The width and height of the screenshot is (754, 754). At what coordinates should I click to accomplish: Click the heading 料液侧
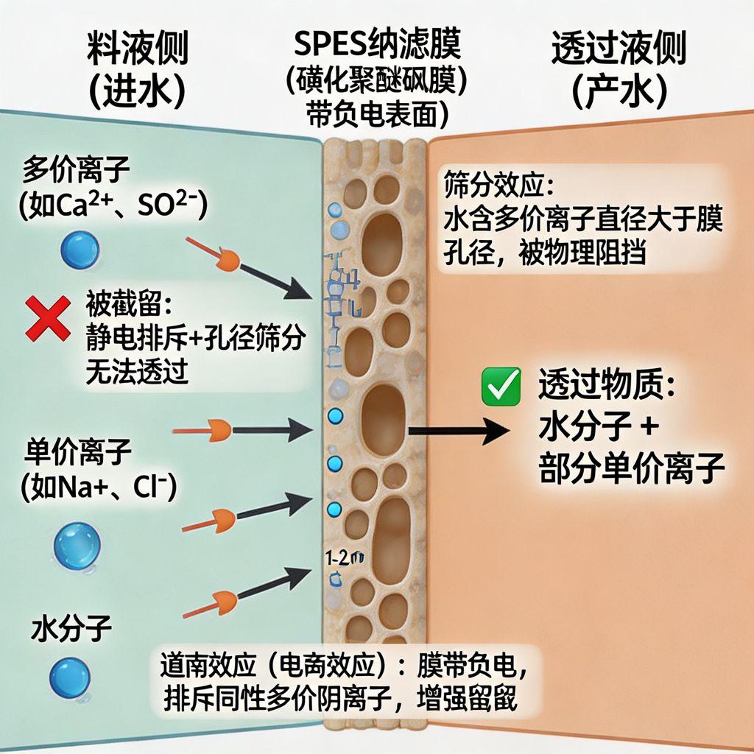pyautogui.click(x=137, y=49)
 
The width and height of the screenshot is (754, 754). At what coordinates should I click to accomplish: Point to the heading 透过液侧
pyautogui.click(x=619, y=49)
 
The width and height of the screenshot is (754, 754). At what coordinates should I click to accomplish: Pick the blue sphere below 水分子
pyautogui.click(x=70, y=677)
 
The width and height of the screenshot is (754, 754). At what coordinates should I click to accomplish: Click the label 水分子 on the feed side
pyautogui.click(x=71, y=630)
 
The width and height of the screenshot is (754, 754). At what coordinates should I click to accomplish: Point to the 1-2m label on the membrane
pyautogui.click(x=345, y=557)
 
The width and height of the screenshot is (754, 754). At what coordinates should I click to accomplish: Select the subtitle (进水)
pyautogui.click(x=137, y=91)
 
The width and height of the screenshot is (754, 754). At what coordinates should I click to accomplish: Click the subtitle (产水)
pyautogui.click(x=619, y=91)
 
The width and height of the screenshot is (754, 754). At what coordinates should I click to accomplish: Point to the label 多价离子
pyautogui.click(x=77, y=170)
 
